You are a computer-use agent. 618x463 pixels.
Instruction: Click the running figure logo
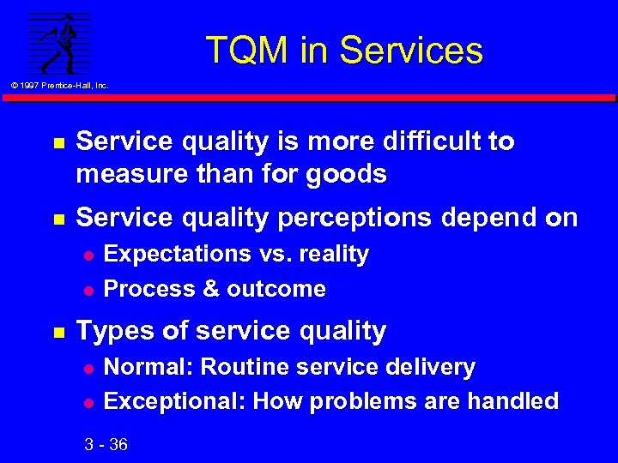pos(59,43)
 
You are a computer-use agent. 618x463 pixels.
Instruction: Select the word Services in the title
pos(412,51)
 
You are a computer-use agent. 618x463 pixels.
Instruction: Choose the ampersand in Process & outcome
pos(211,290)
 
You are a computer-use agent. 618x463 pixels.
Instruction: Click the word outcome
pos(276,290)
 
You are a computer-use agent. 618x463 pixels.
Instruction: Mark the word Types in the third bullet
pos(112,331)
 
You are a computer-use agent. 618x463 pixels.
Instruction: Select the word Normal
pos(148,368)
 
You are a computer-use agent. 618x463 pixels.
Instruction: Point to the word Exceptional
pos(174,401)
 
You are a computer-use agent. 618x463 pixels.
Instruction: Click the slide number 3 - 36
pos(106,444)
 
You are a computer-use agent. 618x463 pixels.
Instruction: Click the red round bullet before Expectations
pos(86,256)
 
